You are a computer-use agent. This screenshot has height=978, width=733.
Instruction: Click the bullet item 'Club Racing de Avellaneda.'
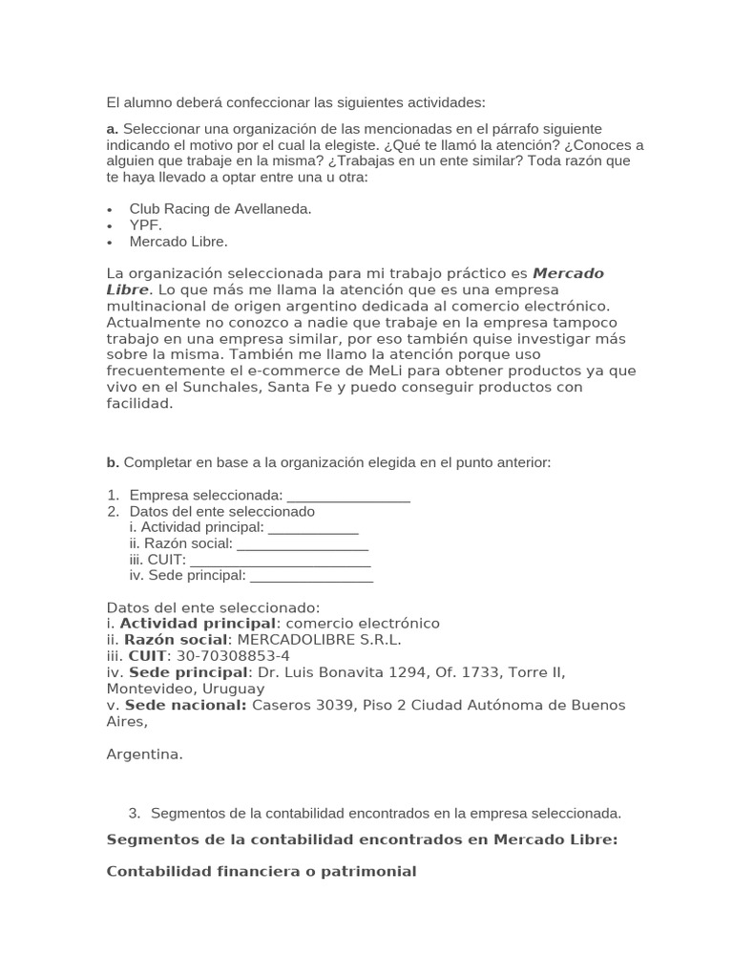220,208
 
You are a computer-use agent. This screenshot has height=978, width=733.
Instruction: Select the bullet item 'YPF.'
146,225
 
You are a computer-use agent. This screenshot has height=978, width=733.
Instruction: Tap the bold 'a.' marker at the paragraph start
112,129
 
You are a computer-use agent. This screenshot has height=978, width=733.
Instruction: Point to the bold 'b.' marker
113,462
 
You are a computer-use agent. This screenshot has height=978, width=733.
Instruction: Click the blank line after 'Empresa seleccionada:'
348,496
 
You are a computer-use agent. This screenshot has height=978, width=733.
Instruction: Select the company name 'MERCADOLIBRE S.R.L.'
319,640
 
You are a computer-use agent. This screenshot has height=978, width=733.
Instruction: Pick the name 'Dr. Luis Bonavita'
321,672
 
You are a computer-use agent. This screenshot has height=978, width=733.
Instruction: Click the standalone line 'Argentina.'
144,754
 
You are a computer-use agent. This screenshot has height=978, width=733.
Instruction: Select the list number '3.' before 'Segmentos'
135,813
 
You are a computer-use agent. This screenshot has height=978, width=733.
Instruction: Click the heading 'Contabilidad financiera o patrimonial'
262,871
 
